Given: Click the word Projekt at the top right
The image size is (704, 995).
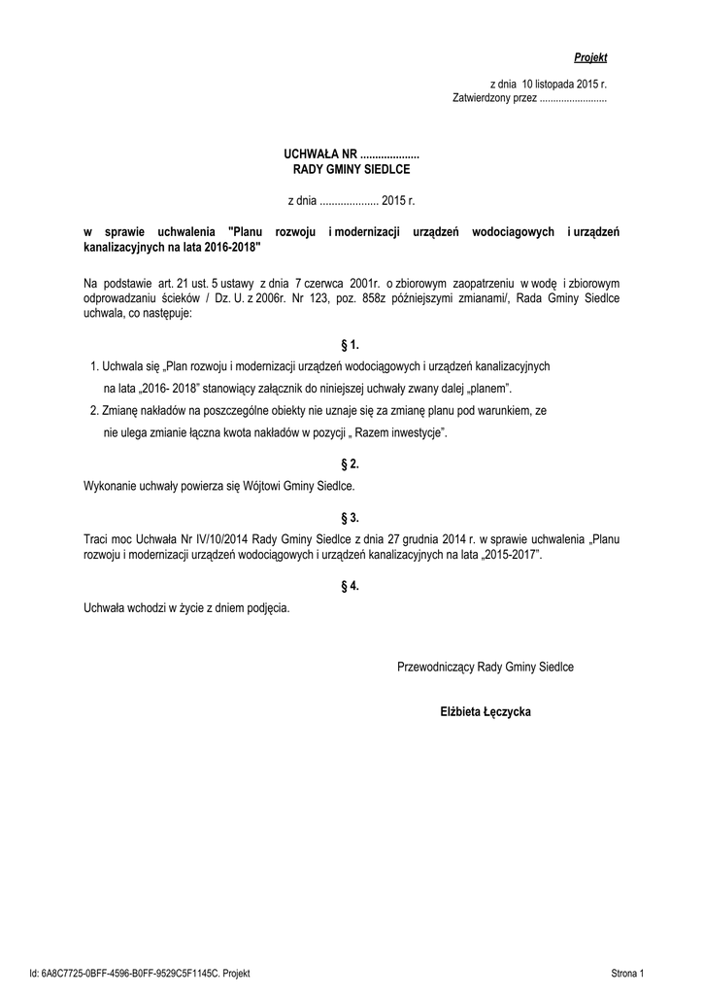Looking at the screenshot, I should click(589, 58).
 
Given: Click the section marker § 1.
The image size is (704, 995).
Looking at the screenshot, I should click(351, 345).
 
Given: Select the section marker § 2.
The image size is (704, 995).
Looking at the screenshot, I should click(351, 463).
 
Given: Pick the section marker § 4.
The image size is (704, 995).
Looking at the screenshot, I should click(351, 586).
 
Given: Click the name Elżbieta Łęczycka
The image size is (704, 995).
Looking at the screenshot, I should click(486, 712).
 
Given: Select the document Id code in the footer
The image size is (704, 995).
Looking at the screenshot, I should click(140, 972).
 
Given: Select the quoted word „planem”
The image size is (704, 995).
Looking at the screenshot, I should click(483, 387).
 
